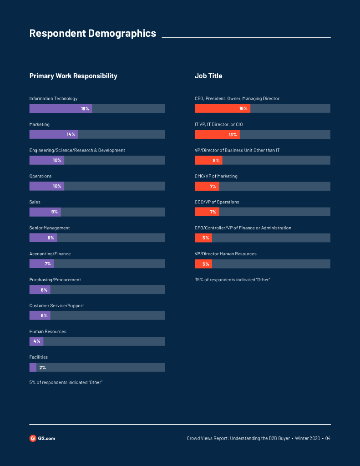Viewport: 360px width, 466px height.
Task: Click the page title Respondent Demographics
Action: pyautogui.click(x=92, y=34)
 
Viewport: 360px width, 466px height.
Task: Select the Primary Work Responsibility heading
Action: pyautogui.click(x=73, y=76)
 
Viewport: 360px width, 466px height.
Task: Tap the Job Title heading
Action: pyautogui.click(x=208, y=76)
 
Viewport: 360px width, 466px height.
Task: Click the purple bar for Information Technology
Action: pyautogui.click(x=61, y=108)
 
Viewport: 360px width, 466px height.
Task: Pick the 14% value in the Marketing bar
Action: pyautogui.click(x=71, y=134)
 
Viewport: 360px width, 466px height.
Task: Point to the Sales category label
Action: pyautogui.click(x=35, y=202)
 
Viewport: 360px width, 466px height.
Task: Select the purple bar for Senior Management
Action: pyautogui.click(x=43, y=238)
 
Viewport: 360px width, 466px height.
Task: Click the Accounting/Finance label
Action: pyautogui.click(x=50, y=254)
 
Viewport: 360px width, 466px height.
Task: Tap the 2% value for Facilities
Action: pyautogui.click(x=42, y=367)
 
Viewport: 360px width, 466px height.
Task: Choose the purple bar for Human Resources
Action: pyautogui.click(x=36, y=341)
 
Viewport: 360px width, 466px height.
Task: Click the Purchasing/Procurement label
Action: pyautogui.click(x=55, y=280)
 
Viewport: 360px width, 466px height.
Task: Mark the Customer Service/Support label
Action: pyautogui.click(x=56, y=306)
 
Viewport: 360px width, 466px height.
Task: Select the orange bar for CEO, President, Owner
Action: pyautogui.click(x=222, y=108)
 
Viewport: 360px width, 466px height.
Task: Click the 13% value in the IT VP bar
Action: pyautogui.click(x=233, y=134)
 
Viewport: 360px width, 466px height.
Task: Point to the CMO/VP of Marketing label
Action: pyautogui.click(x=216, y=176)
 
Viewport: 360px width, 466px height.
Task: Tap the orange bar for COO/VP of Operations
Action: pyautogui.click(x=207, y=212)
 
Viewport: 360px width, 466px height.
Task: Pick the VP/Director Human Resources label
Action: pyautogui.click(x=225, y=254)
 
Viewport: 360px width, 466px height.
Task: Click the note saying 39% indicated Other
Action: pyautogui.click(x=232, y=280)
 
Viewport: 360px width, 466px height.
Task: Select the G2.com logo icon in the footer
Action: pyautogui.click(x=33, y=438)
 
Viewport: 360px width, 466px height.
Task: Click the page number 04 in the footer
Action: pyautogui.click(x=328, y=439)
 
